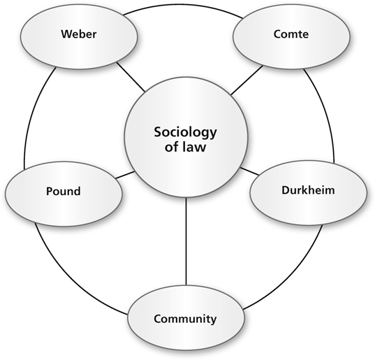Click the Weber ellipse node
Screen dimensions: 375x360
click(x=79, y=36)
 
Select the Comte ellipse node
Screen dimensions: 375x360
click(x=291, y=36)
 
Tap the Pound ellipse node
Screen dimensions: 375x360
click(x=64, y=194)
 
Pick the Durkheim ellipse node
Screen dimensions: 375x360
click(x=308, y=193)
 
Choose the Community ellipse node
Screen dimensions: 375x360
click(x=186, y=318)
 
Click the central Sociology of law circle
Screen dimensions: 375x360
click(x=186, y=137)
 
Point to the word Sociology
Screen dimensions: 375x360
click(x=185, y=133)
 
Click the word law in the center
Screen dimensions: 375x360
click(x=194, y=147)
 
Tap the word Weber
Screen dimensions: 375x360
click(x=79, y=34)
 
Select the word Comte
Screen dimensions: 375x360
click(x=291, y=34)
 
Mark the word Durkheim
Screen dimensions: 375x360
click(x=308, y=190)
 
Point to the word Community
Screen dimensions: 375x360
click(x=185, y=319)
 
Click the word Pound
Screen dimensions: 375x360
click(x=64, y=192)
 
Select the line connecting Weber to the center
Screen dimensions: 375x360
click(x=131, y=77)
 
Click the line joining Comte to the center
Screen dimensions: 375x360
click(x=247, y=80)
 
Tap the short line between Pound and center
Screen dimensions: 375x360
click(x=125, y=175)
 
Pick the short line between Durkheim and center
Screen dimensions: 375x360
click(x=249, y=171)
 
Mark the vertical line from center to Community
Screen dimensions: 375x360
click(x=186, y=242)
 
